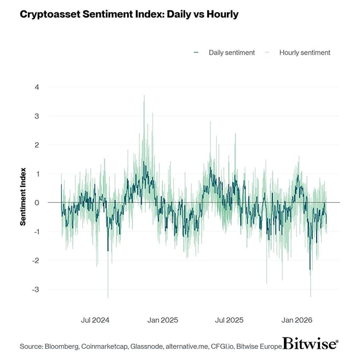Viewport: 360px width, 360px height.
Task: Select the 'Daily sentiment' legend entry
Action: point(227,52)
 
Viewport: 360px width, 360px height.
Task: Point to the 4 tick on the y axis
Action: point(36,87)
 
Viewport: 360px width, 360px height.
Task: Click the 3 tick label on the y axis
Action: point(36,116)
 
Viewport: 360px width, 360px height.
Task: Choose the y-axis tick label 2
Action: point(36,145)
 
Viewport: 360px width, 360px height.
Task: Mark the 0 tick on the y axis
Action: point(36,203)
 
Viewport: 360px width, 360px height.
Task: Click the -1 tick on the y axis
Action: point(35,232)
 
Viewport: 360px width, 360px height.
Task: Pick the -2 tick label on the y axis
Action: point(35,261)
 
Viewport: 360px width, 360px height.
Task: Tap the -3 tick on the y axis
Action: point(35,290)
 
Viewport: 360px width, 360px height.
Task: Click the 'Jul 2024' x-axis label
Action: point(95,320)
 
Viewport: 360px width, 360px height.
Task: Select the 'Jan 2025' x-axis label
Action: point(162,320)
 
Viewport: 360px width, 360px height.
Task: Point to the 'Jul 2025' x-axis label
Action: point(229,320)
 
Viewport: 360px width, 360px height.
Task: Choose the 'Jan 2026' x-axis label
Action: point(296,320)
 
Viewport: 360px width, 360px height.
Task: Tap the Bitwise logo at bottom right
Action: point(310,344)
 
